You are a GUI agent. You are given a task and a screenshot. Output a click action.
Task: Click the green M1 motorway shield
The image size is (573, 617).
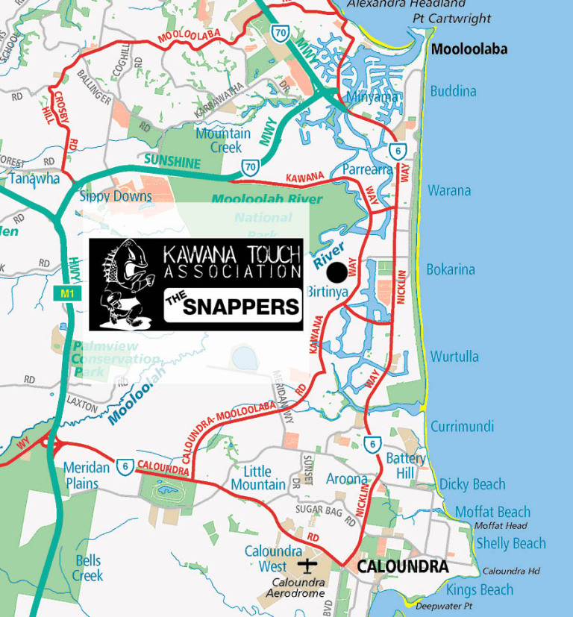pyautogui.click(x=66, y=294)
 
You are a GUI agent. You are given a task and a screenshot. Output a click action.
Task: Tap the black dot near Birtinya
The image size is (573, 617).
pyautogui.click(x=336, y=271)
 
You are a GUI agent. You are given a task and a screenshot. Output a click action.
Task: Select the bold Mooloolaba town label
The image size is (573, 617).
pyautogui.click(x=469, y=50)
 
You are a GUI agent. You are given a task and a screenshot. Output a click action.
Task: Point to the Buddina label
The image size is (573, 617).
pyautogui.click(x=453, y=91)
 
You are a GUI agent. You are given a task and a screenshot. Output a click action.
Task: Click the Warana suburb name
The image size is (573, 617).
pyautogui.click(x=449, y=190)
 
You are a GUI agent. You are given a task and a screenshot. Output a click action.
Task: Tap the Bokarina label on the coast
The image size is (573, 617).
pyautogui.click(x=451, y=269)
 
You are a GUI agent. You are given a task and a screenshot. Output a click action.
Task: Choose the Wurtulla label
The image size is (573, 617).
pyautogui.click(x=454, y=357)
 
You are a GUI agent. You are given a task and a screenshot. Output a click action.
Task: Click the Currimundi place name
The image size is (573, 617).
pyautogui.click(x=462, y=427)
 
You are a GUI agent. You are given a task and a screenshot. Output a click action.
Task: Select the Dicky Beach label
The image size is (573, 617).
pyautogui.click(x=472, y=484)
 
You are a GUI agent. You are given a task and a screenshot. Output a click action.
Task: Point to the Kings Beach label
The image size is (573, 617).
pyautogui.click(x=480, y=590)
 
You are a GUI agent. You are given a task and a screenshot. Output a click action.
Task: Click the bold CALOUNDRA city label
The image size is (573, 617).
pyautogui.click(x=403, y=567)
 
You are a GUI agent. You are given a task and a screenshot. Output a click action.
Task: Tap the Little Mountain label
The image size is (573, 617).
pyautogui.click(x=258, y=477)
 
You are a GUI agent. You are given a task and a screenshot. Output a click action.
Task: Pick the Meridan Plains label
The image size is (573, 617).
pyautogui.click(x=87, y=475)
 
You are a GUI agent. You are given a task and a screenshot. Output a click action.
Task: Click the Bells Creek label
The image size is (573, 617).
pyautogui.click(x=88, y=568)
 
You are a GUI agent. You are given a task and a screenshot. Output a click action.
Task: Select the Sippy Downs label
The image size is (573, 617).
pyautogui.click(x=116, y=196)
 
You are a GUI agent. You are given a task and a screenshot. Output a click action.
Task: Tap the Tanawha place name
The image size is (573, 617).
pyautogui.click(x=34, y=178)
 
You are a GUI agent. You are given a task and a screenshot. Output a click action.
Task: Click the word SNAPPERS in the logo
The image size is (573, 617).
pyautogui.click(x=241, y=307)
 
